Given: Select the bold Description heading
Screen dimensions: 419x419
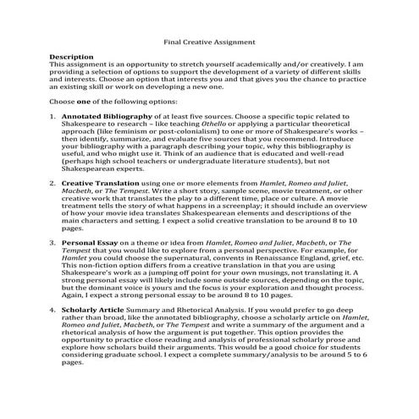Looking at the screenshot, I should pos(72,57).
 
